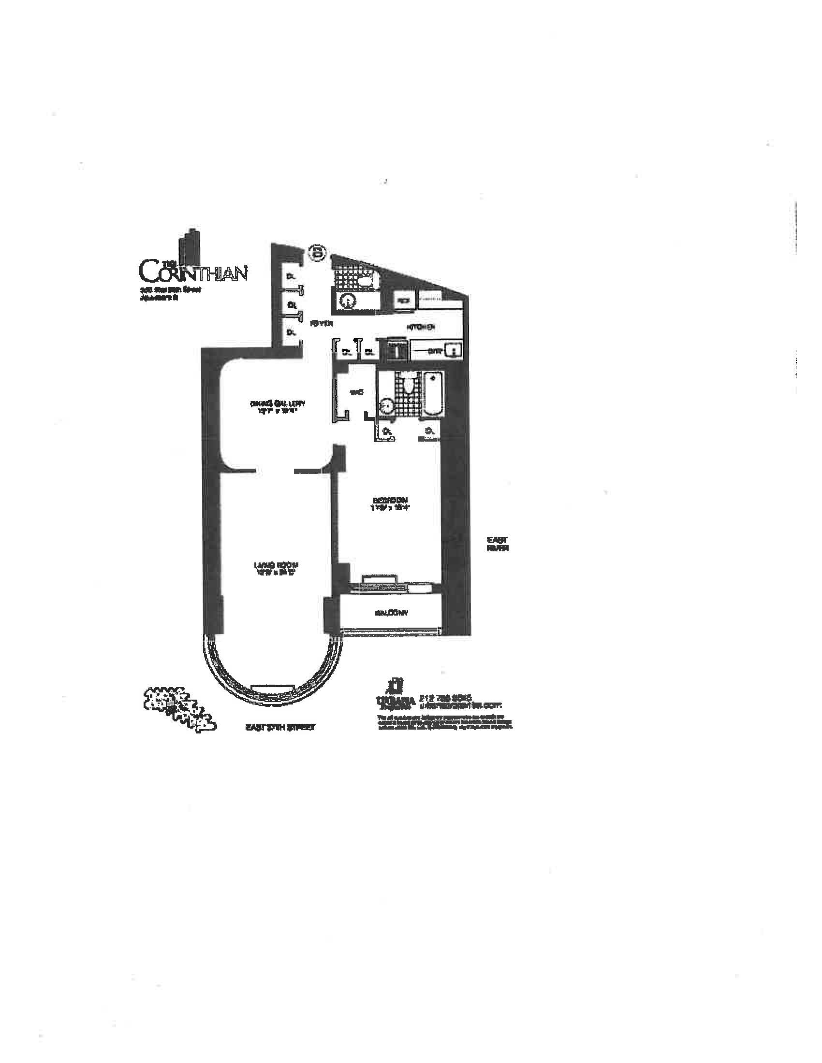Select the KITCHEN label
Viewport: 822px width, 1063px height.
(421, 327)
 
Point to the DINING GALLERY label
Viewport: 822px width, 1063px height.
(277, 403)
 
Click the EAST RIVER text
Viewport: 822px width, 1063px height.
(498, 544)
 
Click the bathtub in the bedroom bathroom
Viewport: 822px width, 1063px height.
(432, 395)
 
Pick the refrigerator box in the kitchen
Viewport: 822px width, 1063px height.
(404, 301)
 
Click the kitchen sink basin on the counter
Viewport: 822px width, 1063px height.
(455, 349)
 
